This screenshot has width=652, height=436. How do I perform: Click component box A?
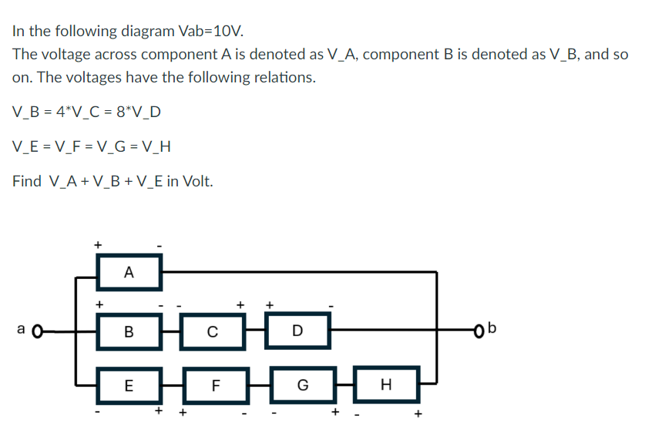(129, 271)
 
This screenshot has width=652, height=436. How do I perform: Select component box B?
(129, 333)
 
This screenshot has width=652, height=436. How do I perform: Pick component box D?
(297, 333)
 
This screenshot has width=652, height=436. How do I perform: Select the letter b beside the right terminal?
(494, 330)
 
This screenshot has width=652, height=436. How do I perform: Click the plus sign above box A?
(98, 244)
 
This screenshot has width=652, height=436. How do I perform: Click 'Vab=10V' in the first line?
(210, 32)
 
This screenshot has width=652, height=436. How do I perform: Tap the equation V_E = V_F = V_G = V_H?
(92, 146)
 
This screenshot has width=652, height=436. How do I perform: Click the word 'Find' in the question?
(27, 182)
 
